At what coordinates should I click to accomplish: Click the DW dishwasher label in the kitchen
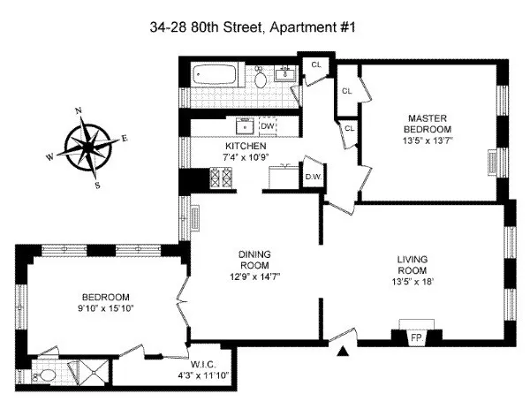click(268, 126)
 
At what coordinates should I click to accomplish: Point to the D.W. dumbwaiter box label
click(313, 177)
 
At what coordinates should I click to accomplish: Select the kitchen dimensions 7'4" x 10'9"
click(245, 156)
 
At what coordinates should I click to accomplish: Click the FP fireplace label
click(416, 337)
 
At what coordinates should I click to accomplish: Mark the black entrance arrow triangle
click(344, 353)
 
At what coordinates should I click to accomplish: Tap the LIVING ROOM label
click(412, 265)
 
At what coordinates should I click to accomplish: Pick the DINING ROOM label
click(254, 261)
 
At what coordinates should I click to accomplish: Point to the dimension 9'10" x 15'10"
click(106, 307)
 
